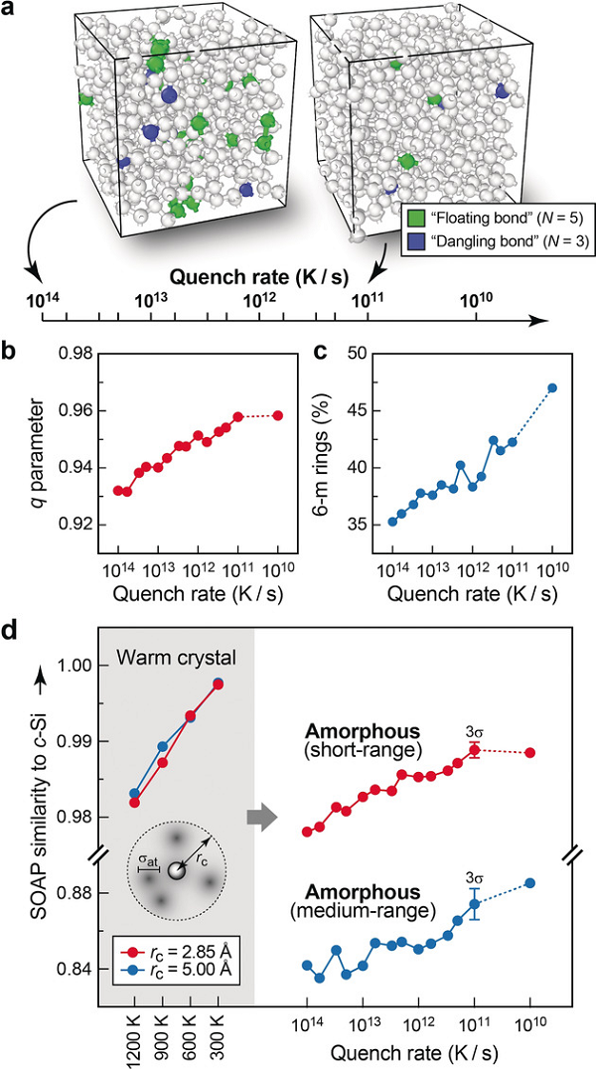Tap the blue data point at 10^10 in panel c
coord(552,387)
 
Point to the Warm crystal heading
coord(164,658)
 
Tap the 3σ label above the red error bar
coord(474,731)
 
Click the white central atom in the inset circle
coord(176,870)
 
